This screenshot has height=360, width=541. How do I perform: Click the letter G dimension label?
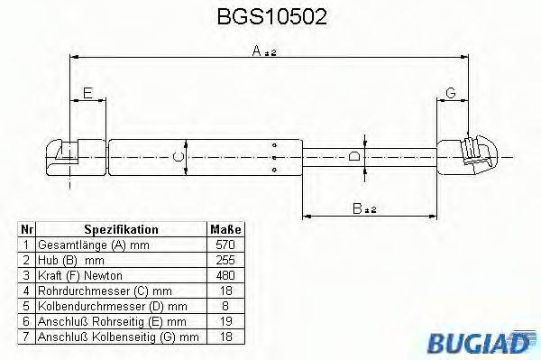(451, 93)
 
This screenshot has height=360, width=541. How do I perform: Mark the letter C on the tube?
(179, 156)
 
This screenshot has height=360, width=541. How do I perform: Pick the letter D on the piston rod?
(355, 155)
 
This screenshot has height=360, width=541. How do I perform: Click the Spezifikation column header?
(121, 230)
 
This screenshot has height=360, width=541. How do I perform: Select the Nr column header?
(27, 230)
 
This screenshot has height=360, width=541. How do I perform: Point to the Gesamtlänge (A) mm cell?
(90, 245)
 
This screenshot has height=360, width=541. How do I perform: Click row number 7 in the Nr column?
(27, 336)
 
